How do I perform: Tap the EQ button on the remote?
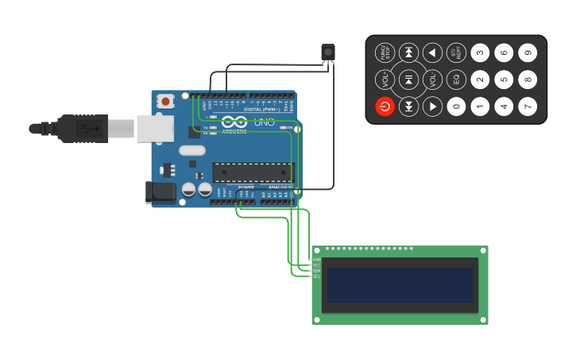[x=456, y=79]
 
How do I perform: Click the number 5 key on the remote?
[x=504, y=79]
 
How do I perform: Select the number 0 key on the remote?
[x=456, y=106]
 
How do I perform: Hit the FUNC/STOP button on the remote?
[x=385, y=53]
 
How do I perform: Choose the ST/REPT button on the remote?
[x=456, y=53]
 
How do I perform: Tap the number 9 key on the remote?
[x=528, y=53]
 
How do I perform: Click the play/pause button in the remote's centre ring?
[x=408, y=79]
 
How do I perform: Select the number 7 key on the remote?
[x=528, y=106]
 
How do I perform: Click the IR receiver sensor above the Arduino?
[x=328, y=52]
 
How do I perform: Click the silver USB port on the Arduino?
[x=154, y=128]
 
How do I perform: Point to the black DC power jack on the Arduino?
[x=160, y=192]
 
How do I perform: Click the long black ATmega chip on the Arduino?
[x=253, y=172]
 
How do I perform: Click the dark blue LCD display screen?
[x=400, y=285]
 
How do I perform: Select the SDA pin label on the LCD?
[x=316, y=271]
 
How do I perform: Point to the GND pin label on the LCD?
[x=316, y=260]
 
